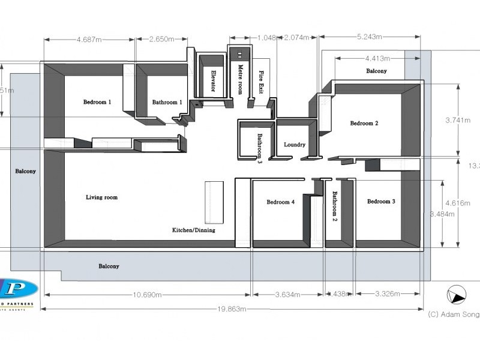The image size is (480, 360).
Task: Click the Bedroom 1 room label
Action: [x=97, y=102]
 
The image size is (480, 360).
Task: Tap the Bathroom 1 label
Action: [x=167, y=103]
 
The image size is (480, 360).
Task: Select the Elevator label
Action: [x=212, y=81]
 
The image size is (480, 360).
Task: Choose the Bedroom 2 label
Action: [x=364, y=124]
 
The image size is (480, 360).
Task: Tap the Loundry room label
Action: [x=295, y=145]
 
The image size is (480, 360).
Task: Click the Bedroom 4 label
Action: [x=280, y=202]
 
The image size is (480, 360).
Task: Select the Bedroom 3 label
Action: [x=381, y=202]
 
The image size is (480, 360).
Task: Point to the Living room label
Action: [x=101, y=197]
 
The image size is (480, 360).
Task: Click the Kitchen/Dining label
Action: [x=193, y=230]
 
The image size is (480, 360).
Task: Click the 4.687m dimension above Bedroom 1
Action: [x=89, y=40]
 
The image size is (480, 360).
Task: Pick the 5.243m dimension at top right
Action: [x=370, y=37]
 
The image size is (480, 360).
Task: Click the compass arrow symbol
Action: [x=457, y=296]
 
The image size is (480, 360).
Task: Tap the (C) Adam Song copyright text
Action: [x=453, y=314]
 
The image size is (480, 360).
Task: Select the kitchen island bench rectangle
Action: [x=214, y=202]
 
